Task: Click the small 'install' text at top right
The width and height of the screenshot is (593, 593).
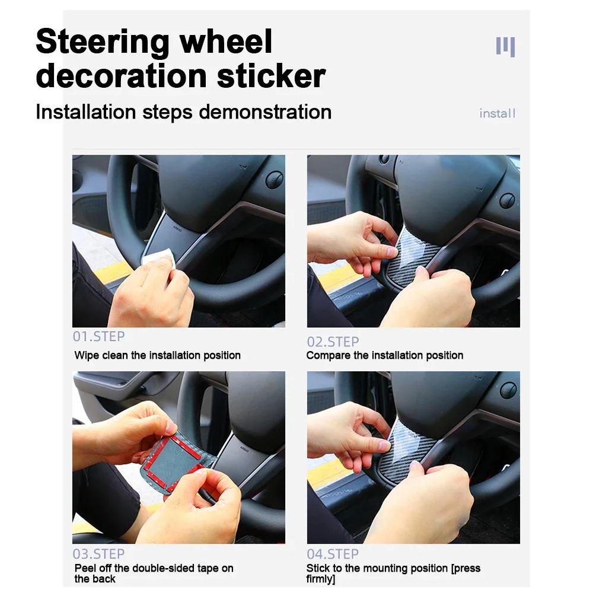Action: (x=497, y=113)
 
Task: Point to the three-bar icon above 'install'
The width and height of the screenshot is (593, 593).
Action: (x=505, y=46)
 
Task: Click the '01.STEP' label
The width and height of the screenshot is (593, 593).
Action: (x=98, y=337)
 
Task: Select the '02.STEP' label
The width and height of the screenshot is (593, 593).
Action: (x=333, y=342)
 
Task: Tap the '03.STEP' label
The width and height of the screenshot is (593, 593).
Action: (x=98, y=554)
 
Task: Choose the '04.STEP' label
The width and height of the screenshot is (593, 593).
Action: (x=333, y=554)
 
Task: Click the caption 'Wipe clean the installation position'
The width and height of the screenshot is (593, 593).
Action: (x=157, y=355)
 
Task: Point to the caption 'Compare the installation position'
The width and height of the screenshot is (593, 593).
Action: (x=384, y=355)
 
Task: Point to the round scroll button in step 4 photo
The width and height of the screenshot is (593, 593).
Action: (x=508, y=390)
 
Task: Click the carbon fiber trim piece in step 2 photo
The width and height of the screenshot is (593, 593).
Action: (x=409, y=255)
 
